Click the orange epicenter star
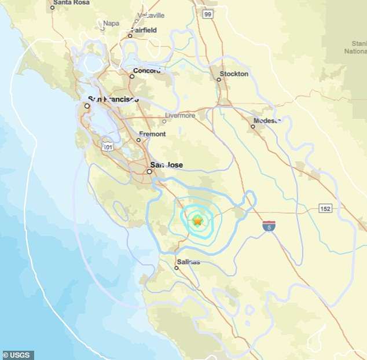(198, 221)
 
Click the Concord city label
(146, 71)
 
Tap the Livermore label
(180, 115)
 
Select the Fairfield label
(145, 29)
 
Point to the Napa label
(111, 24)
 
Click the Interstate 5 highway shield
(269, 226)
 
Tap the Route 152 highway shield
(325, 208)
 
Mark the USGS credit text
(18, 355)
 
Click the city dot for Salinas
(177, 267)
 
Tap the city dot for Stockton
(219, 79)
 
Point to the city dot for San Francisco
(87, 106)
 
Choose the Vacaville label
(152, 15)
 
